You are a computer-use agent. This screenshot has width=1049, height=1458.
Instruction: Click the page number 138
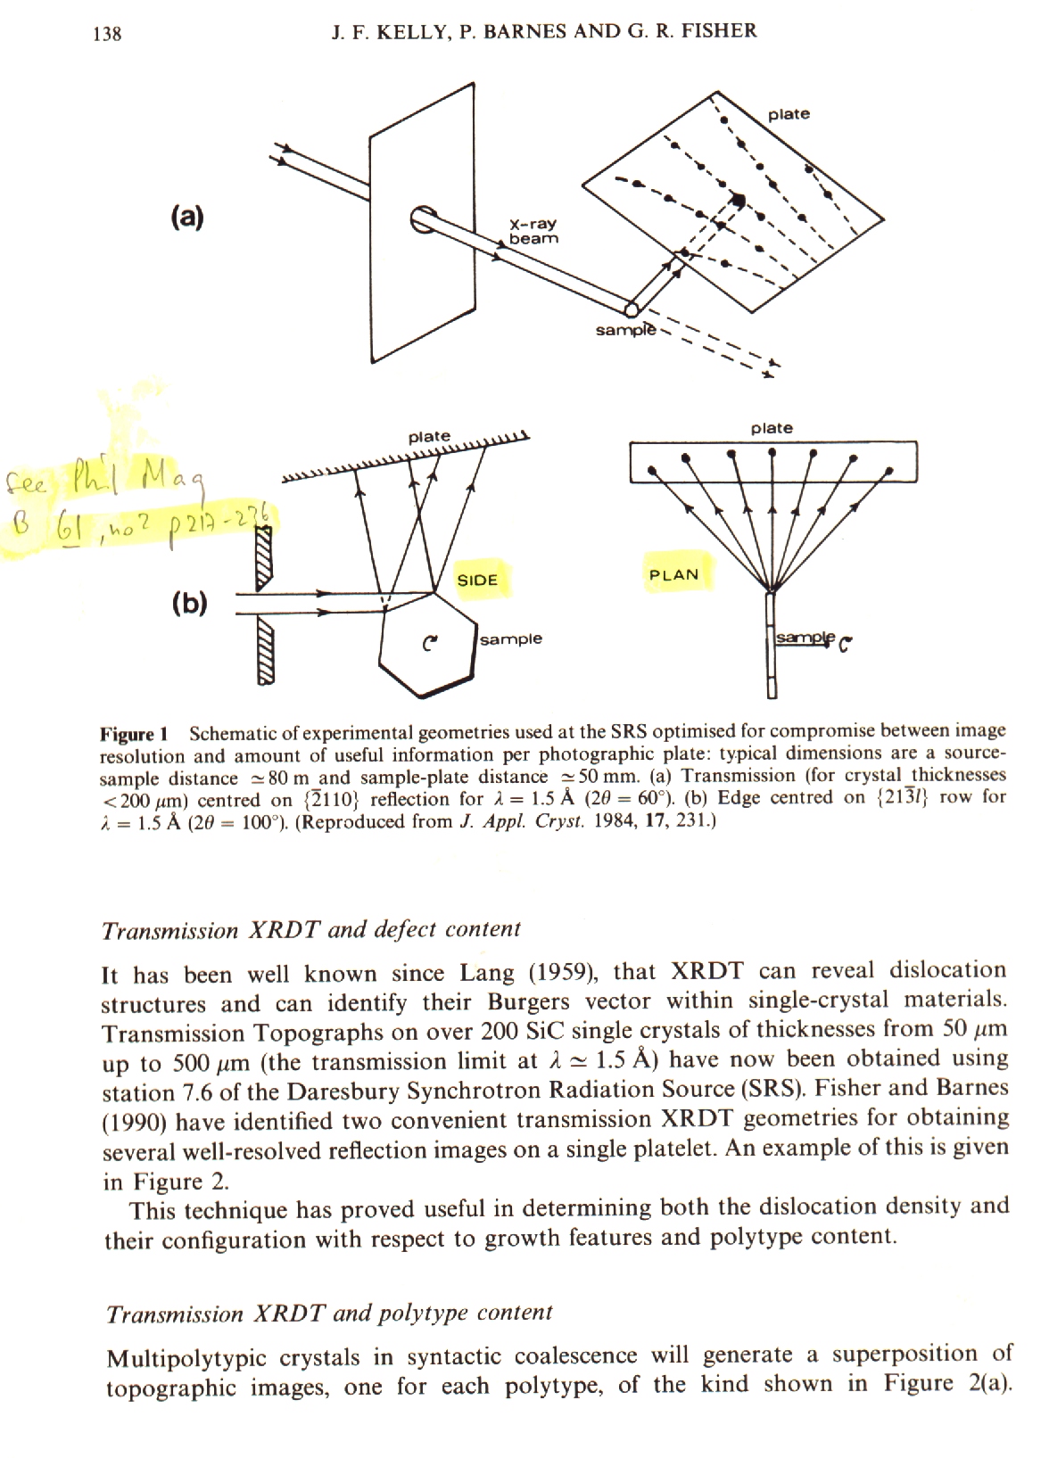[107, 35]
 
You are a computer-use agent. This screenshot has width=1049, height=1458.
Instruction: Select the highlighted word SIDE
[476, 580]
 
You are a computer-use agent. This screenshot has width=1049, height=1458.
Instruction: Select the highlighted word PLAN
[673, 574]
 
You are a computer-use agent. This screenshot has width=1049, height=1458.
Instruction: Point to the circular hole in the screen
[423, 218]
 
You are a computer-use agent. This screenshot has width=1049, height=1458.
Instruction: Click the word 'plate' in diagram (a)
[789, 114]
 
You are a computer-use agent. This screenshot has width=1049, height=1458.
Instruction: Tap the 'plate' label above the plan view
[772, 428]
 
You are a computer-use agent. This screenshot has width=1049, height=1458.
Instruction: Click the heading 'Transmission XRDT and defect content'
[311, 930]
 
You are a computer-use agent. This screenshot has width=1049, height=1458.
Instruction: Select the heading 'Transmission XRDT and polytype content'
[329, 1314]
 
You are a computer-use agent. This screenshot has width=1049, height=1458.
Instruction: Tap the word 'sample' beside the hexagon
[510, 638]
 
